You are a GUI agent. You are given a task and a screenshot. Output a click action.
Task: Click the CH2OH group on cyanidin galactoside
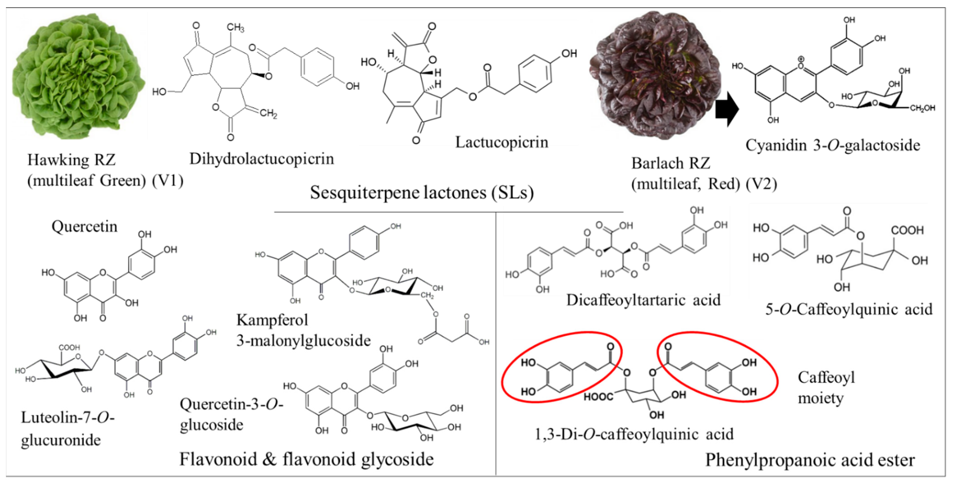point(922,108)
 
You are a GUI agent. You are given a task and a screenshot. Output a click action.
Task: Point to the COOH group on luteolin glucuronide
point(69,347)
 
